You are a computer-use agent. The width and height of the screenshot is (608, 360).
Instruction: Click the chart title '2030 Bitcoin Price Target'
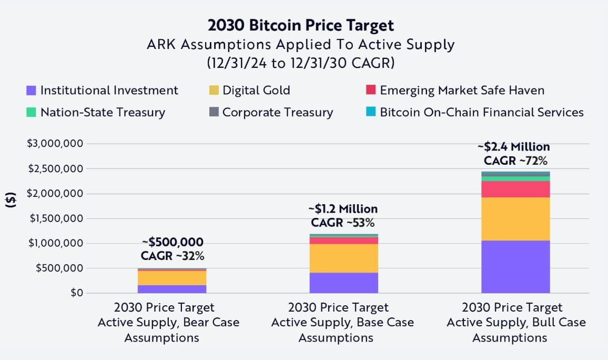300,25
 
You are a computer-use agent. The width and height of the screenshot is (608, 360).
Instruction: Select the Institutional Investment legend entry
103,90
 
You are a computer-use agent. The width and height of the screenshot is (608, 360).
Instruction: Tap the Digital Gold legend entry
249,90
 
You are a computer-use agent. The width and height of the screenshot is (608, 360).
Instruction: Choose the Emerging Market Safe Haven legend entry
455,90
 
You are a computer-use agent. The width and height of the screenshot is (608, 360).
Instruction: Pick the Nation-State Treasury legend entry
96,112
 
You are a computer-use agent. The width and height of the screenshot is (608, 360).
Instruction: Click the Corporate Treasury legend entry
271,112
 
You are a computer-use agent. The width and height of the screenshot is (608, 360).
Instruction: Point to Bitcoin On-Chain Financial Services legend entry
474,112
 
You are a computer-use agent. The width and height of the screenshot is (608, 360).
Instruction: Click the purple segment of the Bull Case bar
515,266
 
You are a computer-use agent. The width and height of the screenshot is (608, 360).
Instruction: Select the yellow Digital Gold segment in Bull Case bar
515,218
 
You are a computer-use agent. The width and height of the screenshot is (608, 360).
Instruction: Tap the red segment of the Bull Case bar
515,189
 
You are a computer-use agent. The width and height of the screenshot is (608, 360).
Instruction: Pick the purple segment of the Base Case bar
343,283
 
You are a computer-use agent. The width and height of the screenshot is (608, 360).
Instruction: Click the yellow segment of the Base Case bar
343,258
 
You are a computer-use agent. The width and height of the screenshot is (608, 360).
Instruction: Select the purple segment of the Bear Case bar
172,289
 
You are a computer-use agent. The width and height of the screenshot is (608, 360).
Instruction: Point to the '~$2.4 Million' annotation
513,147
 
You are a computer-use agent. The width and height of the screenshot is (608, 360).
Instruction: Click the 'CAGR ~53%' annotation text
342,222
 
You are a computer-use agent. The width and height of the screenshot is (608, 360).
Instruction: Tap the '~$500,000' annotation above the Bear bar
173,242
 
